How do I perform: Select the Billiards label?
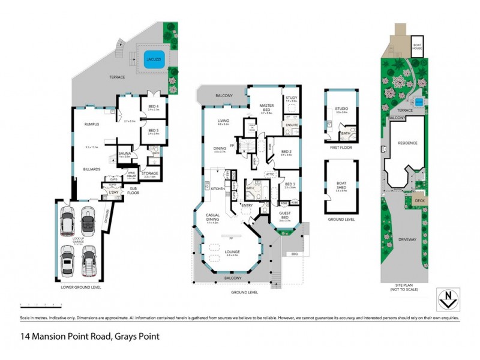[91, 169]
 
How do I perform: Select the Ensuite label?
[291, 125]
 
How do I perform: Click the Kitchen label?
[217, 188]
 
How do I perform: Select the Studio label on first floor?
[342, 109]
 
